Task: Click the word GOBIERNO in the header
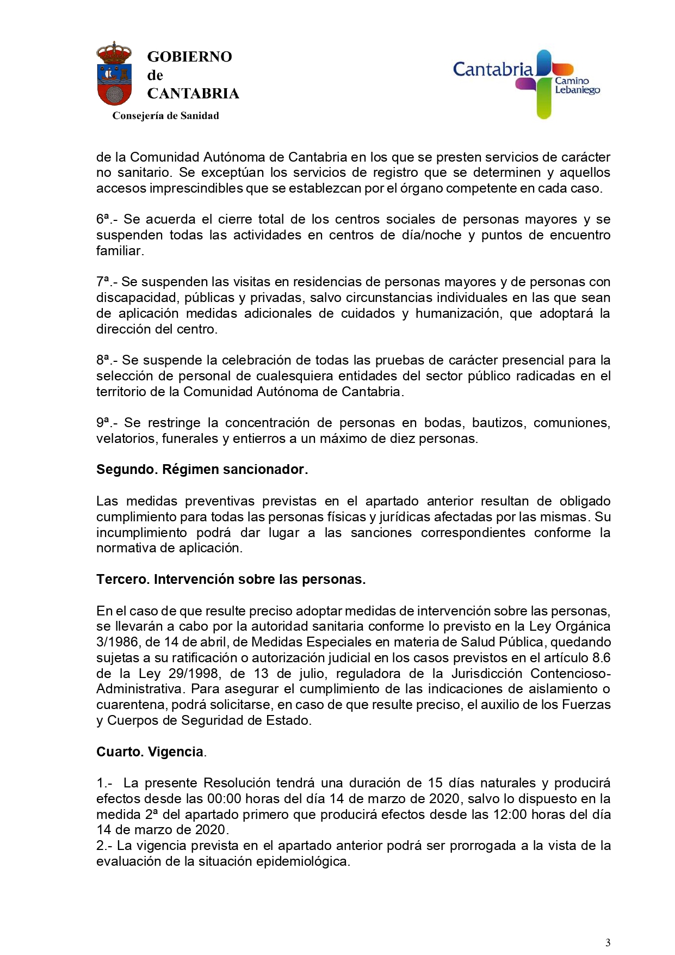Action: pos(189,57)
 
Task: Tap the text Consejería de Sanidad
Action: pos(165,115)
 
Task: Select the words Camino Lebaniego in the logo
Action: pos(577,85)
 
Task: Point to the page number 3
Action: pos(608,942)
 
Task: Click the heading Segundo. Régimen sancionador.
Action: pos(202,470)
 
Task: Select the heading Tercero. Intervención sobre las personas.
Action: pos(231,580)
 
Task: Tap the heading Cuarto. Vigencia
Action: pos(151,752)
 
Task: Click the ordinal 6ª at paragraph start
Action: pos(104,219)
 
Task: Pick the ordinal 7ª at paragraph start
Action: pos(104,282)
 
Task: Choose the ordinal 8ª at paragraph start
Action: pos(104,360)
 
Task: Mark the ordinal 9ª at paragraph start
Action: pos(104,423)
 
